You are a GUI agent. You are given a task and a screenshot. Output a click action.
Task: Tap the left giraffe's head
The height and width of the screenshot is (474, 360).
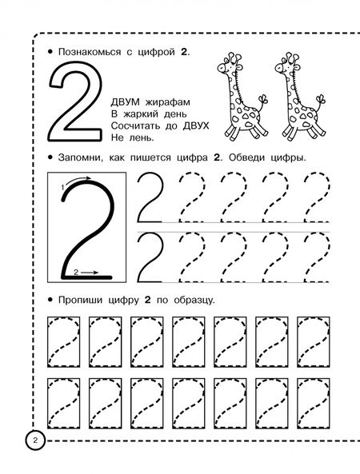tap(229, 65)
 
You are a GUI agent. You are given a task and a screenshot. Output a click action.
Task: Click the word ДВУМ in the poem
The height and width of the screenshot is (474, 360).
tap(126, 102)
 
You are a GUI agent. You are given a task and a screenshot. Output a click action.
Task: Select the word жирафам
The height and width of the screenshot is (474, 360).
tap(168, 102)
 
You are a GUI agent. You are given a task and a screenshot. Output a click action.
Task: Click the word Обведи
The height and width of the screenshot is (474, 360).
tap(246, 157)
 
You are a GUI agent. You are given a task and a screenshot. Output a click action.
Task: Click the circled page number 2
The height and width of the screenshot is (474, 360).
tap(35, 440)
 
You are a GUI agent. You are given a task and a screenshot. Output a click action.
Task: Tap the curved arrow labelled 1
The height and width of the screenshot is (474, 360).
tap(77, 180)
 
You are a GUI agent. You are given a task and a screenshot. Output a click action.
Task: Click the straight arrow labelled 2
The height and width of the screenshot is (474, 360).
tap(90, 273)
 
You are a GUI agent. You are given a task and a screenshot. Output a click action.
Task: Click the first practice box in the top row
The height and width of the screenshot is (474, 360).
tap(48, 342)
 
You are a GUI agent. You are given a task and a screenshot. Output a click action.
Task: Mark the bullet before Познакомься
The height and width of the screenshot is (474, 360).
tap(50, 52)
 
